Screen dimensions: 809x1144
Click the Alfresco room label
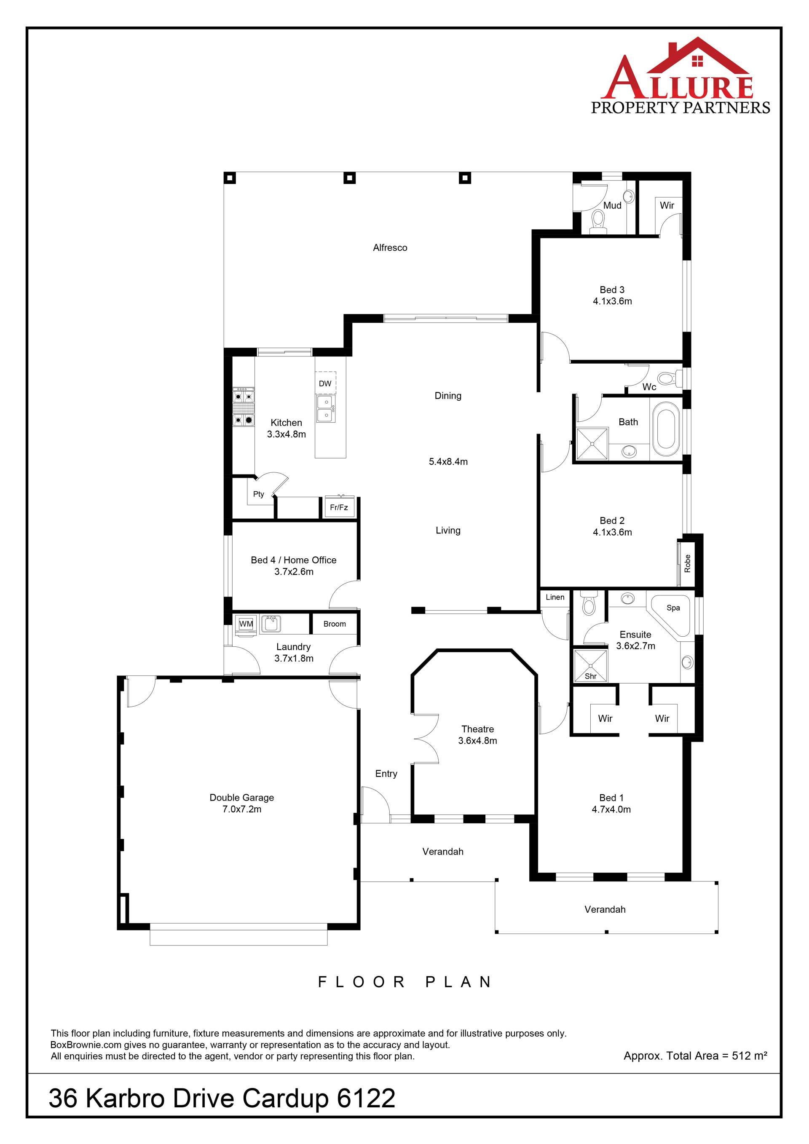click(390, 248)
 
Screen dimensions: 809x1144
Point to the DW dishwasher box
click(325, 383)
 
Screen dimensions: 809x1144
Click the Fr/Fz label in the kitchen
click(339, 507)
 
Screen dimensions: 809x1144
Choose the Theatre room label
click(477, 729)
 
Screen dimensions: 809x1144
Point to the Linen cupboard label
click(555, 597)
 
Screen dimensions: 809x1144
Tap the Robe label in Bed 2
click(688, 563)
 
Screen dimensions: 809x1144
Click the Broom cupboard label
click(334, 624)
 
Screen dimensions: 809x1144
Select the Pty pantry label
click(259, 494)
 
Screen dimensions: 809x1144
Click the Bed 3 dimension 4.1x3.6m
click(612, 301)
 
